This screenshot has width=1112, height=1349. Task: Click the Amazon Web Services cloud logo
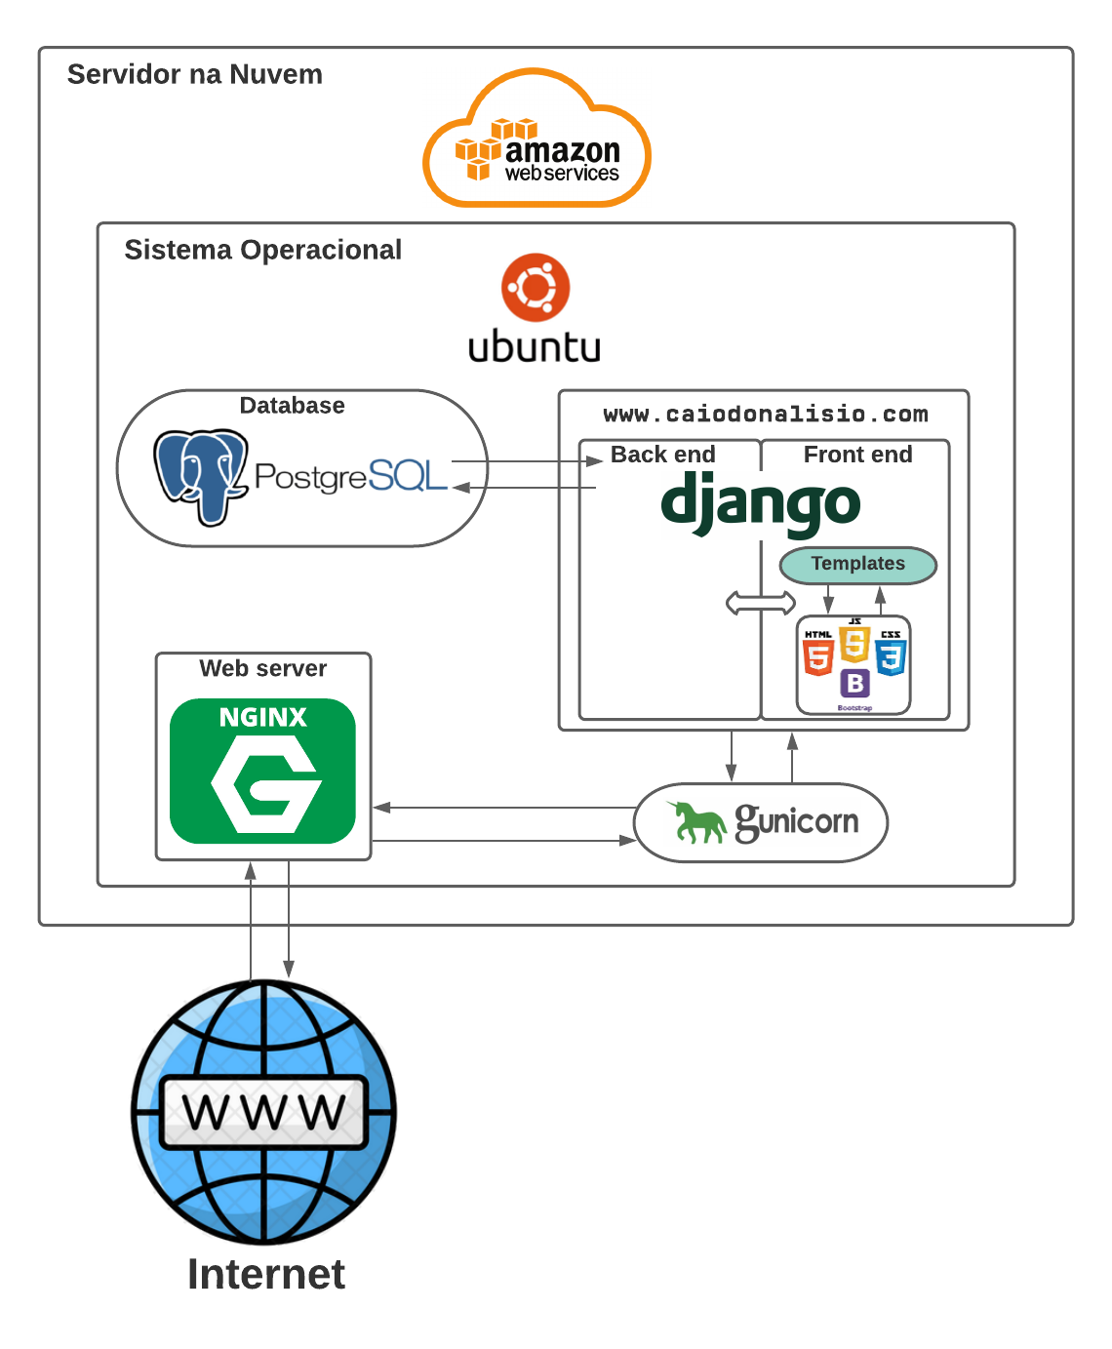click(536, 139)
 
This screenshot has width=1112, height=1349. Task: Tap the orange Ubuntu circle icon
click(535, 288)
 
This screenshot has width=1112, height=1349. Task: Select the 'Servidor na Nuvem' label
click(194, 74)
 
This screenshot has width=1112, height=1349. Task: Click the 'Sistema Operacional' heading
click(262, 250)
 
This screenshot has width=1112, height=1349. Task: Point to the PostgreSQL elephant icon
click(200, 476)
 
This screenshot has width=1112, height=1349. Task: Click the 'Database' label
click(292, 405)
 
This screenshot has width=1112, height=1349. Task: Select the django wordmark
click(760, 502)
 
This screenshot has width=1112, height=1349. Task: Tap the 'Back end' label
click(662, 455)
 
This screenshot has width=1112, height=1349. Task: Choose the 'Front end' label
click(857, 455)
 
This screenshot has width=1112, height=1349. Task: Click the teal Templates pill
click(857, 565)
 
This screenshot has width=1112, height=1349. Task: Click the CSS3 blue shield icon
click(891, 655)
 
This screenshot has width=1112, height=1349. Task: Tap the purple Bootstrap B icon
click(854, 684)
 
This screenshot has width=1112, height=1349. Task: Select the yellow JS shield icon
click(854, 643)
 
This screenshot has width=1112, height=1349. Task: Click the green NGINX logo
click(262, 771)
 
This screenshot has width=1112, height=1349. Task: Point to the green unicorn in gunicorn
click(696, 822)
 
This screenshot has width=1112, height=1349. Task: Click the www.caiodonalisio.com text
click(765, 414)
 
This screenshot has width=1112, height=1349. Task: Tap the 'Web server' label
click(262, 668)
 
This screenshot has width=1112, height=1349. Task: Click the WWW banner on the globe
click(263, 1112)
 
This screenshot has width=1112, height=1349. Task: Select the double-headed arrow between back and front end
click(761, 603)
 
